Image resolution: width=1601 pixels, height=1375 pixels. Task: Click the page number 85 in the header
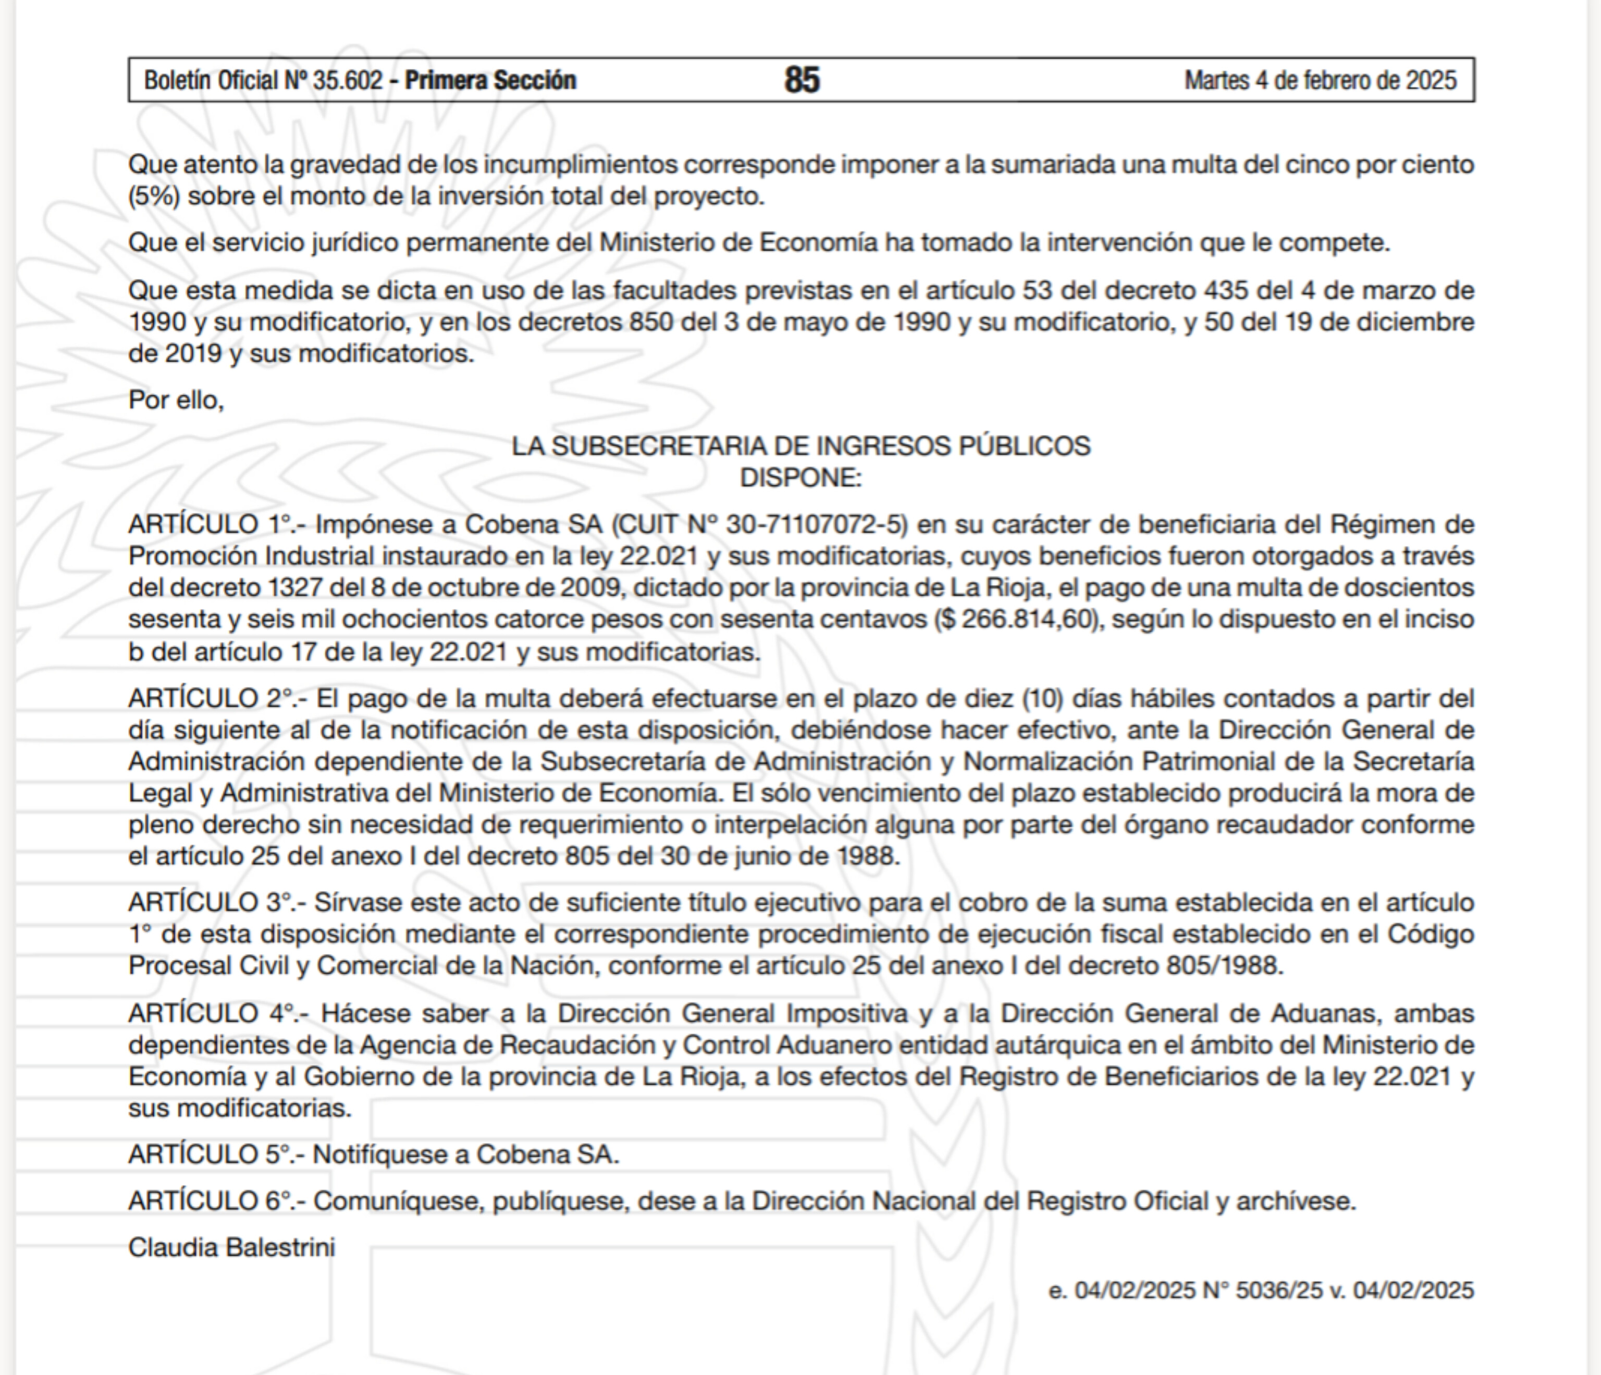801,80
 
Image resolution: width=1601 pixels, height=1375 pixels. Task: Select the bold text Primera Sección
490,80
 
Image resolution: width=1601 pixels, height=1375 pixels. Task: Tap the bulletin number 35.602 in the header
347,80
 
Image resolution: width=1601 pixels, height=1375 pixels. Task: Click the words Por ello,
176,399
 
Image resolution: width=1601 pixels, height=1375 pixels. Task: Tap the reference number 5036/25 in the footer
1279,1291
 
